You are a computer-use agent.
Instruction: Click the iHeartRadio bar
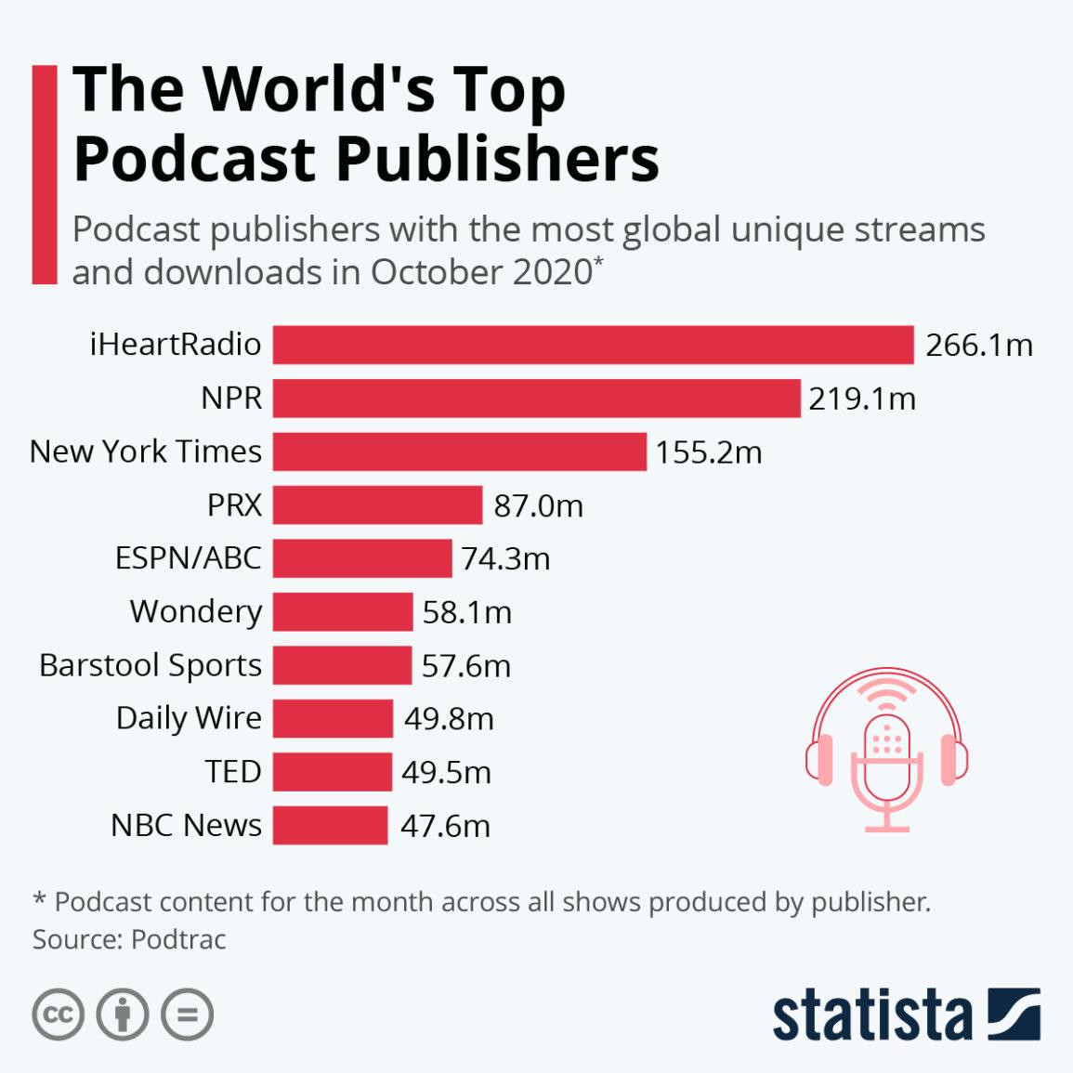tap(593, 345)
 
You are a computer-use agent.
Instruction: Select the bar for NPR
tap(536, 398)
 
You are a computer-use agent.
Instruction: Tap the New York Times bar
tap(459, 451)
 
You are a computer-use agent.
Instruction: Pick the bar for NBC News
tap(330, 825)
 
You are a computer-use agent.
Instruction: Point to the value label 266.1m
tap(978, 346)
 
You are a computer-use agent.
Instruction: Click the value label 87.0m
tap(538, 505)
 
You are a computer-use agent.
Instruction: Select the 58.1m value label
tap(466, 612)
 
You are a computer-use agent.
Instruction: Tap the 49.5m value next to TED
tap(446, 772)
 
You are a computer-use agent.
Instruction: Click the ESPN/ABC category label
tap(188, 558)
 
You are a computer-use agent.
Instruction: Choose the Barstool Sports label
tap(150, 665)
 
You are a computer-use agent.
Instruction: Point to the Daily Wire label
tap(189, 718)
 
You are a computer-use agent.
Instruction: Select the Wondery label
tap(196, 611)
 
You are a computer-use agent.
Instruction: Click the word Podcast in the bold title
tap(194, 159)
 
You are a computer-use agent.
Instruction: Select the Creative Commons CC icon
tap(58, 1014)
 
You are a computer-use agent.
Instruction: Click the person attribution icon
tap(123, 1014)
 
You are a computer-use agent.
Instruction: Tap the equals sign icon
tap(187, 1014)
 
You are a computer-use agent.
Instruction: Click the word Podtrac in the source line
tap(178, 939)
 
